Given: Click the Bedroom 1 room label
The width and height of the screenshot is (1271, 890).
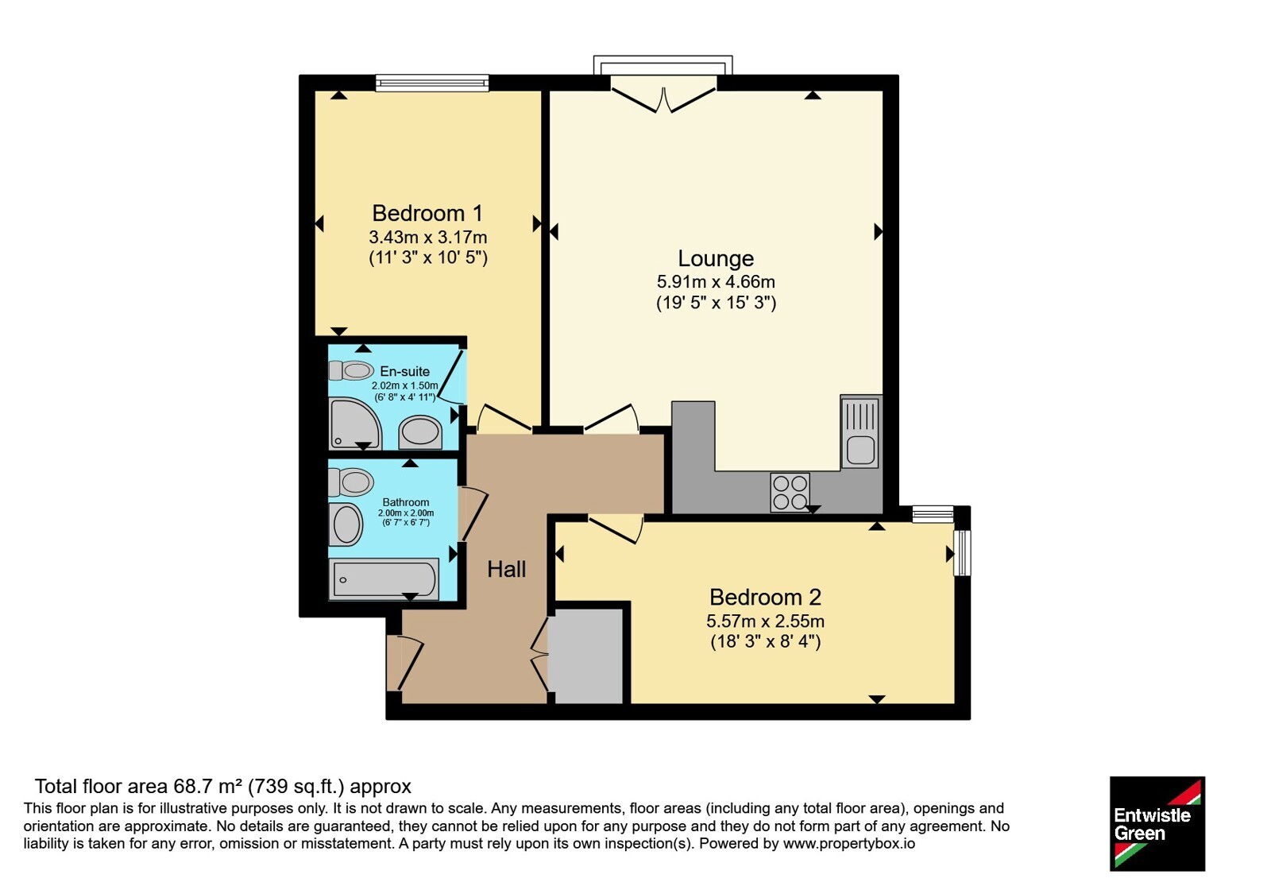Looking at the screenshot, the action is (x=427, y=214).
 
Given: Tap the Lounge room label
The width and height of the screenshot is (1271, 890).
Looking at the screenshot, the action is (x=716, y=258).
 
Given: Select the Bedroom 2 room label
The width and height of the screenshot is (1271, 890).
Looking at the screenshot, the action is (x=765, y=597).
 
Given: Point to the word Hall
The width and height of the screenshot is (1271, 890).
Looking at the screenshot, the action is (x=507, y=569).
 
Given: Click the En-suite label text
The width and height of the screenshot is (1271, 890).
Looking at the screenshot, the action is (x=404, y=371).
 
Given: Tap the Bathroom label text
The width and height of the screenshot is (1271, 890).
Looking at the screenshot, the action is (x=406, y=502).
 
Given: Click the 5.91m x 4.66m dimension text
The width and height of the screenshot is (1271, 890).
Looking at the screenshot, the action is (x=716, y=281).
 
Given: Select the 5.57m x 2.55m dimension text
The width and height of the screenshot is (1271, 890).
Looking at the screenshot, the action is (x=765, y=621).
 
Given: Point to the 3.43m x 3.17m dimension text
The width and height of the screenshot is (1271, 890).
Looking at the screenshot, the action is (x=428, y=237).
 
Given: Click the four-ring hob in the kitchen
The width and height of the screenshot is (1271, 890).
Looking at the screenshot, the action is (x=790, y=492).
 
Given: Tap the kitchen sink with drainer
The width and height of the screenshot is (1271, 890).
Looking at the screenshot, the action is (x=861, y=431).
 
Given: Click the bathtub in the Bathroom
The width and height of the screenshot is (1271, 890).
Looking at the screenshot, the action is (x=384, y=579).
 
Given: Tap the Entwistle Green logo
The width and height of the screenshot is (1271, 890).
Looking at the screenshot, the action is (x=1157, y=823).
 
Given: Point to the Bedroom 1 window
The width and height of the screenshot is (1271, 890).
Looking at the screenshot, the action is (x=432, y=83).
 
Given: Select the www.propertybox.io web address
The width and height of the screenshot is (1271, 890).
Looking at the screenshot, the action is (x=849, y=843).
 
